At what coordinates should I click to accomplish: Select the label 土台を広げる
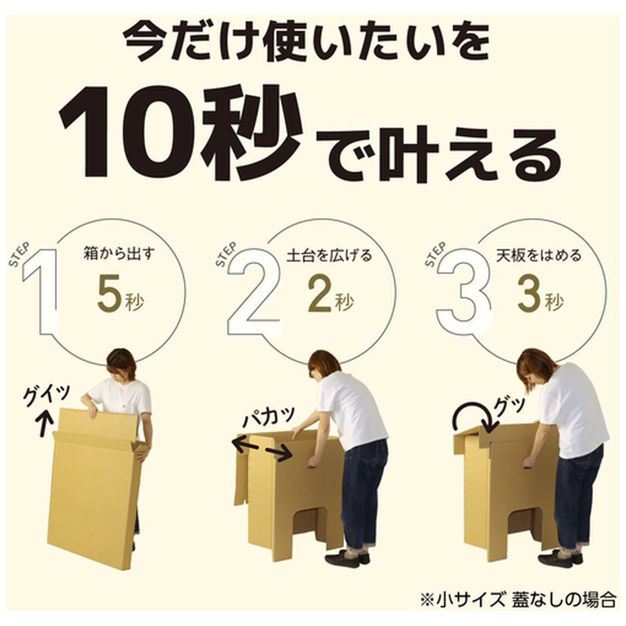tap(329, 255)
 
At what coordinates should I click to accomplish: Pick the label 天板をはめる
tap(538, 255)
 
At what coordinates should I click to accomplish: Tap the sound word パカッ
tap(269, 418)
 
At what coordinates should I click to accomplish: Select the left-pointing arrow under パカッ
tap(245, 444)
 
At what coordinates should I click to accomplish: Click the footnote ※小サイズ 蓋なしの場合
tap(518, 600)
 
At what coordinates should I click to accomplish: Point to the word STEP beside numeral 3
tap(436, 255)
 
